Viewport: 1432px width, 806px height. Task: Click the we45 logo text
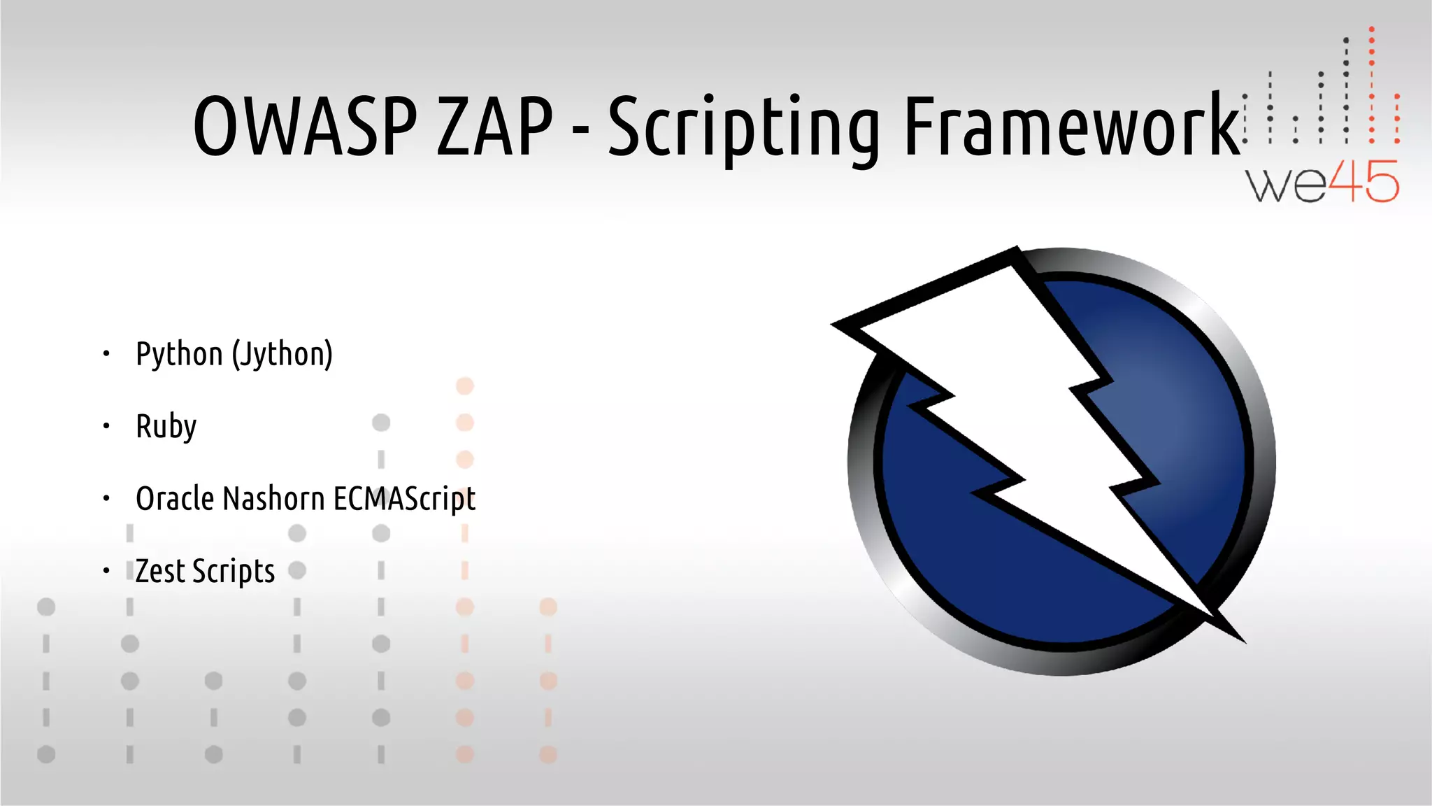tap(1322, 183)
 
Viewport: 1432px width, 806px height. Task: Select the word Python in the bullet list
tap(179, 355)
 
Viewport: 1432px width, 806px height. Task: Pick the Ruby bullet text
tap(166, 427)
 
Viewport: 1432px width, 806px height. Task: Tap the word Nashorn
tap(274, 499)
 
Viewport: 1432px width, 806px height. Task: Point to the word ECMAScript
tap(404, 500)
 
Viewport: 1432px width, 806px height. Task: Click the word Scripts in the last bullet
tap(234, 572)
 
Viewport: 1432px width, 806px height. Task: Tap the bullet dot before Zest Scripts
tap(106, 571)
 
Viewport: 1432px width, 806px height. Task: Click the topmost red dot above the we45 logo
tap(1372, 29)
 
